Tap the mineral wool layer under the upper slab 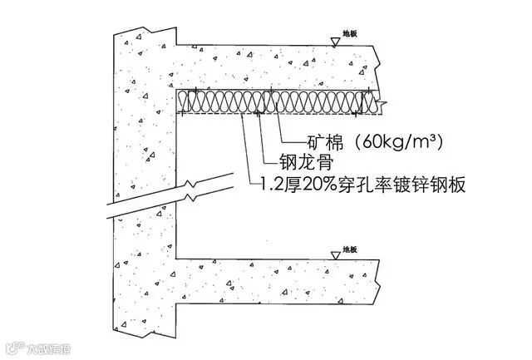click(x=274, y=101)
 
